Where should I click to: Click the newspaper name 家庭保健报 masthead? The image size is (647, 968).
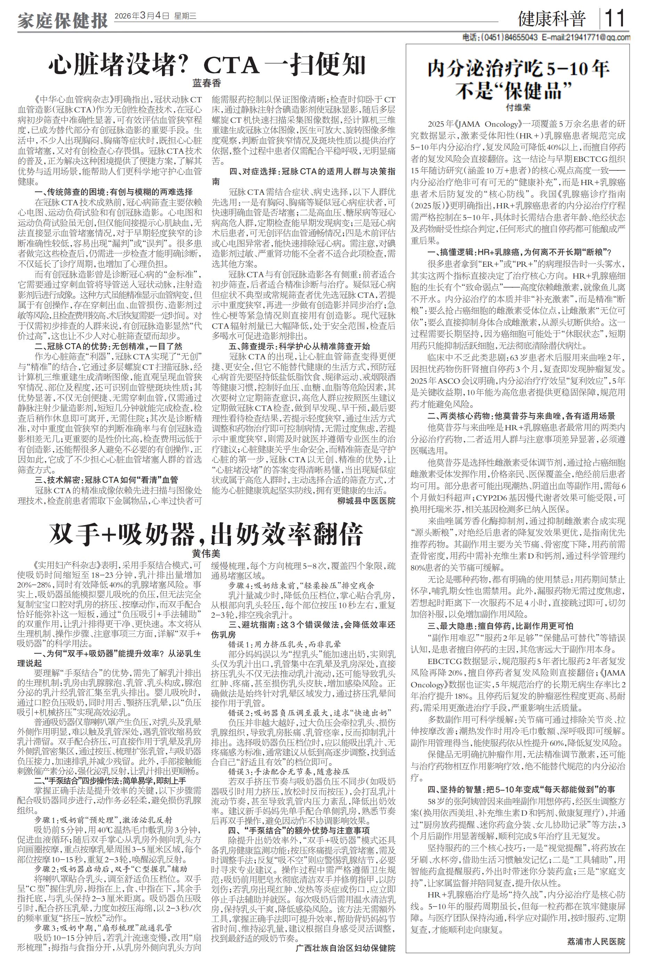tap(62, 20)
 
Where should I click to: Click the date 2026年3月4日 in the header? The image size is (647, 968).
tap(142, 16)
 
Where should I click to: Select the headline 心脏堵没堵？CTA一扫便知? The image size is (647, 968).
tap(207, 64)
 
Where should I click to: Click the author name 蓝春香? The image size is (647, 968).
tap(207, 83)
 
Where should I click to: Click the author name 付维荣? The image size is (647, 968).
tap(518, 108)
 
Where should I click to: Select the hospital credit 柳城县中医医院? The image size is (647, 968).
tap(366, 501)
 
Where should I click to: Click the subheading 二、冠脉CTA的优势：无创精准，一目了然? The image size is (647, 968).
tap(108, 346)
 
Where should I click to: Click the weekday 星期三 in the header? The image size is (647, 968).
tap(186, 16)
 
